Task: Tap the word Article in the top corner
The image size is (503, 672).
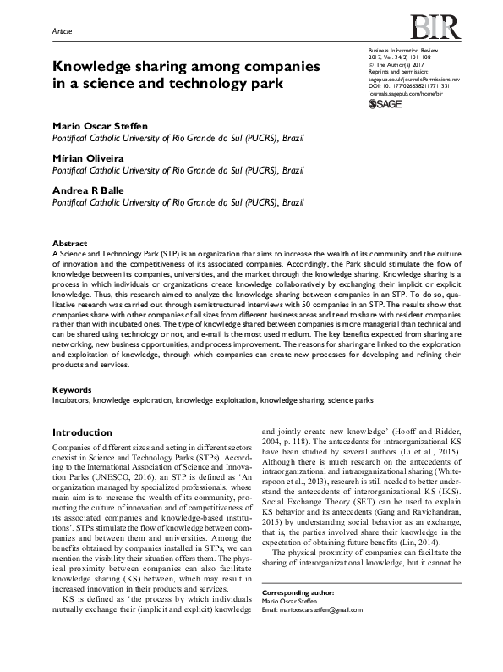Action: [x=63, y=31]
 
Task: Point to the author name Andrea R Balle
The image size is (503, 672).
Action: [x=89, y=190]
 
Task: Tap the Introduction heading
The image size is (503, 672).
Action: [x=82, y=432]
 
